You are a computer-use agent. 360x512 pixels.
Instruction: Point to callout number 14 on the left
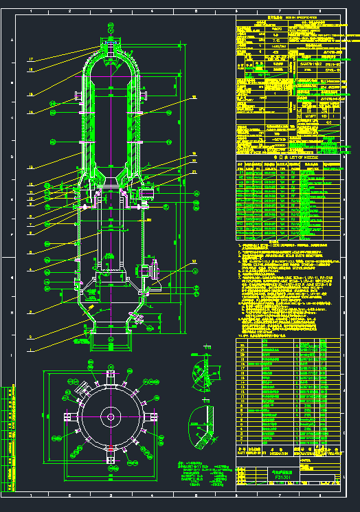tap(30, 112)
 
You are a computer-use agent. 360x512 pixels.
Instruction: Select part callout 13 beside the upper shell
tap(30, 167)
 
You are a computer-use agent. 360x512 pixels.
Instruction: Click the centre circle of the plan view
tap(110, 416)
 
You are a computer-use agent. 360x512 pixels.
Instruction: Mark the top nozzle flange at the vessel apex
tap(111, 43)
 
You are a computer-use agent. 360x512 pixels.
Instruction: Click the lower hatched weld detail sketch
tap(205, 420)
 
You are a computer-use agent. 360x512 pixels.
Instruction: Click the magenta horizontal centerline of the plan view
tap(110, 416)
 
